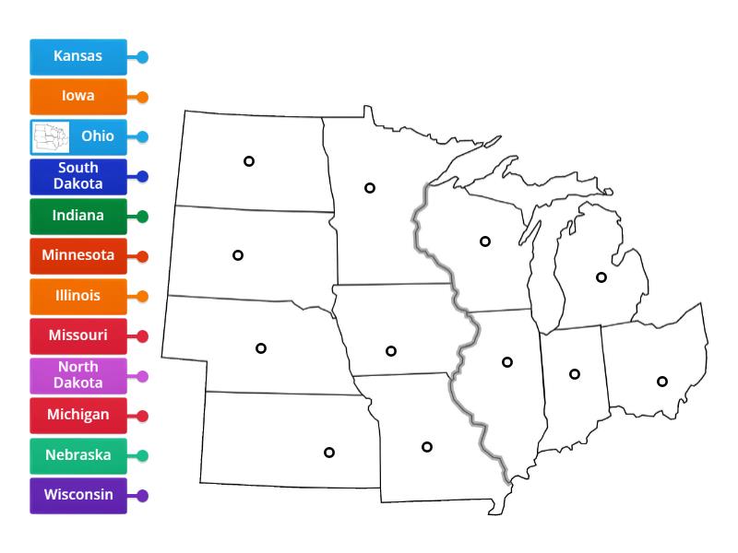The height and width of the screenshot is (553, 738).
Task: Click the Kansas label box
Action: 77,56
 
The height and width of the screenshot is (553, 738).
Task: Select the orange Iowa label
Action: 77,96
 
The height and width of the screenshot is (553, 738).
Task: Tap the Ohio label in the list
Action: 97,136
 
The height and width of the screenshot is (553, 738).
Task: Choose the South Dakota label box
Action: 77,176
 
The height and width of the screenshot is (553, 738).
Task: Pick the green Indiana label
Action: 77,217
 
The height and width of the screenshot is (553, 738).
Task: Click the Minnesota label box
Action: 77,255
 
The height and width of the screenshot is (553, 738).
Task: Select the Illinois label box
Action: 77,296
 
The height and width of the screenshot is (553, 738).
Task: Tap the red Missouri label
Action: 77,335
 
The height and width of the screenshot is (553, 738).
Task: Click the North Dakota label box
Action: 77,376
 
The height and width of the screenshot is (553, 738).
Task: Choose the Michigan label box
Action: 77,415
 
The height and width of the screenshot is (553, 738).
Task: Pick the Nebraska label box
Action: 77,455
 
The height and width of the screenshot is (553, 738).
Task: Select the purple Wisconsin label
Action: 77,495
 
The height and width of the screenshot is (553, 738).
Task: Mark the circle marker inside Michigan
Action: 601,276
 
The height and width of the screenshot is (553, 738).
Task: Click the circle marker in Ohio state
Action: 661,381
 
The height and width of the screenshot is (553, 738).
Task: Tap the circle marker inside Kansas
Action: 328,452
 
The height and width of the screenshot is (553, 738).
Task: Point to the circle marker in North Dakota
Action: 248,161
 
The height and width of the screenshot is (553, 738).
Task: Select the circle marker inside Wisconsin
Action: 484,241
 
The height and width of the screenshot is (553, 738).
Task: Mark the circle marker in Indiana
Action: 575,373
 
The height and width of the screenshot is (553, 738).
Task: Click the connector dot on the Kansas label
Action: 142,56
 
